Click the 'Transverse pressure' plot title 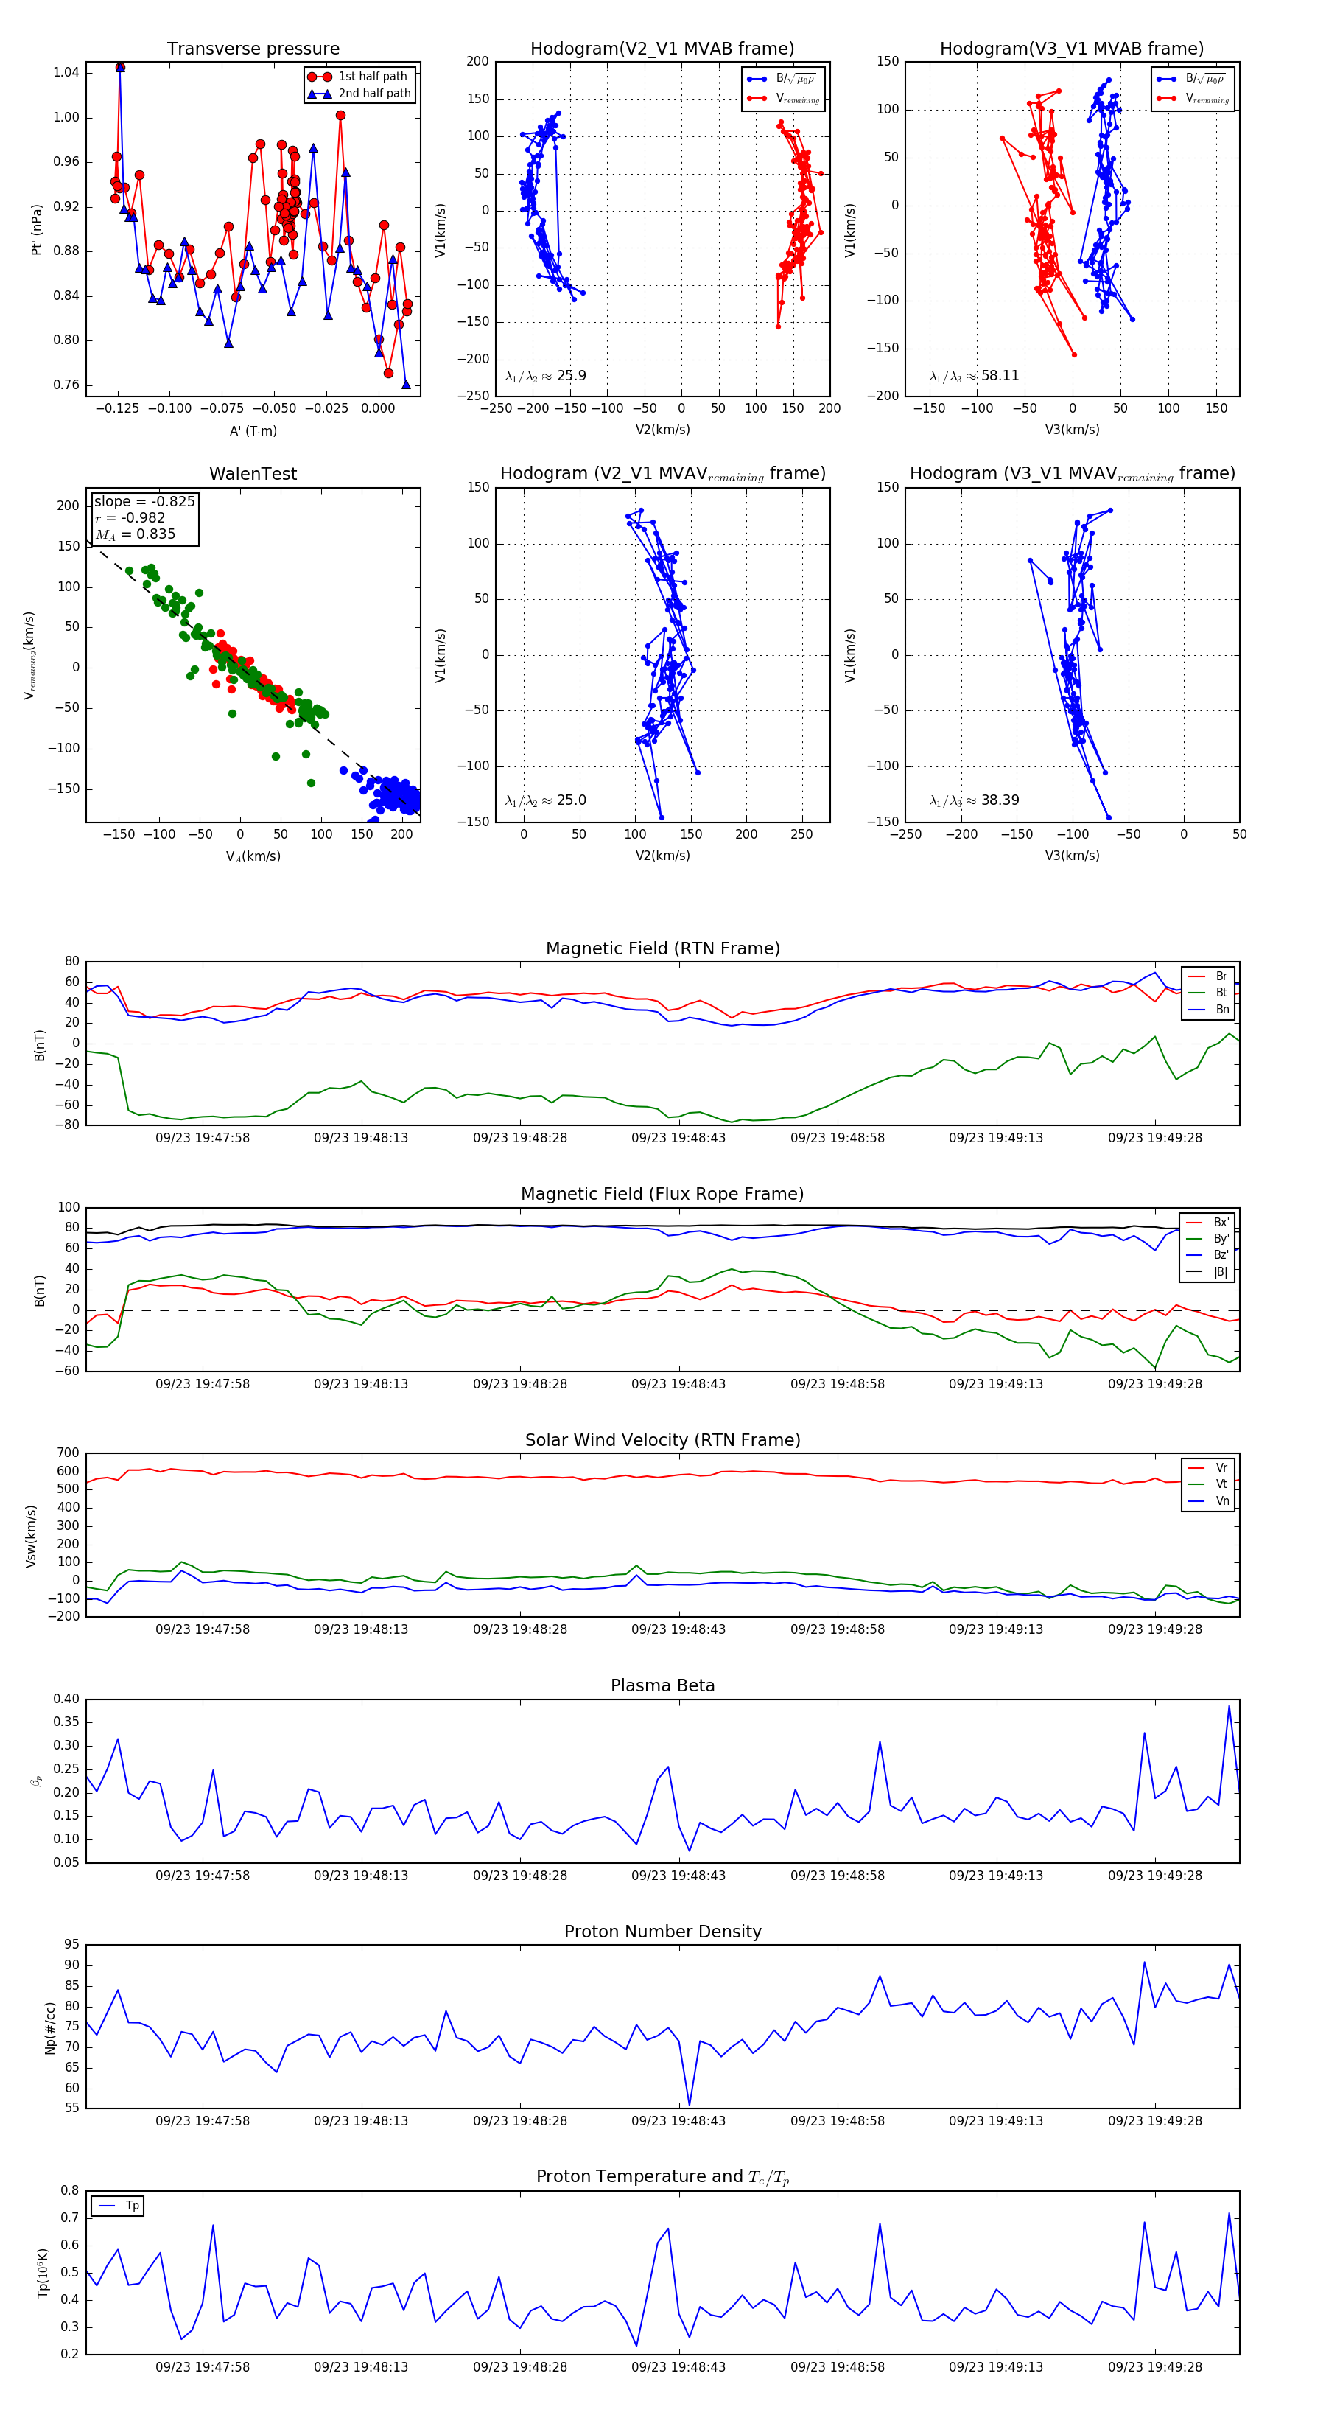[253, 49]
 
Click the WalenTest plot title [253, 474]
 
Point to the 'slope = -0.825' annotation [144, 501]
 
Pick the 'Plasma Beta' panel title [662, 1686]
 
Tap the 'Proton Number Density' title [662, 1932]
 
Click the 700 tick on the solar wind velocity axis [68, 1453]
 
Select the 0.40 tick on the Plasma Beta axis [66, 1699]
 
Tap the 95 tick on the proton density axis [71, 1945]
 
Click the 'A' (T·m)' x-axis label [253, 430]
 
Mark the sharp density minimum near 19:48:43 [689, 2106]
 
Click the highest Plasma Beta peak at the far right [1229, 1705]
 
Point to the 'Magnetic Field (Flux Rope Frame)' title [662, 1195]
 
